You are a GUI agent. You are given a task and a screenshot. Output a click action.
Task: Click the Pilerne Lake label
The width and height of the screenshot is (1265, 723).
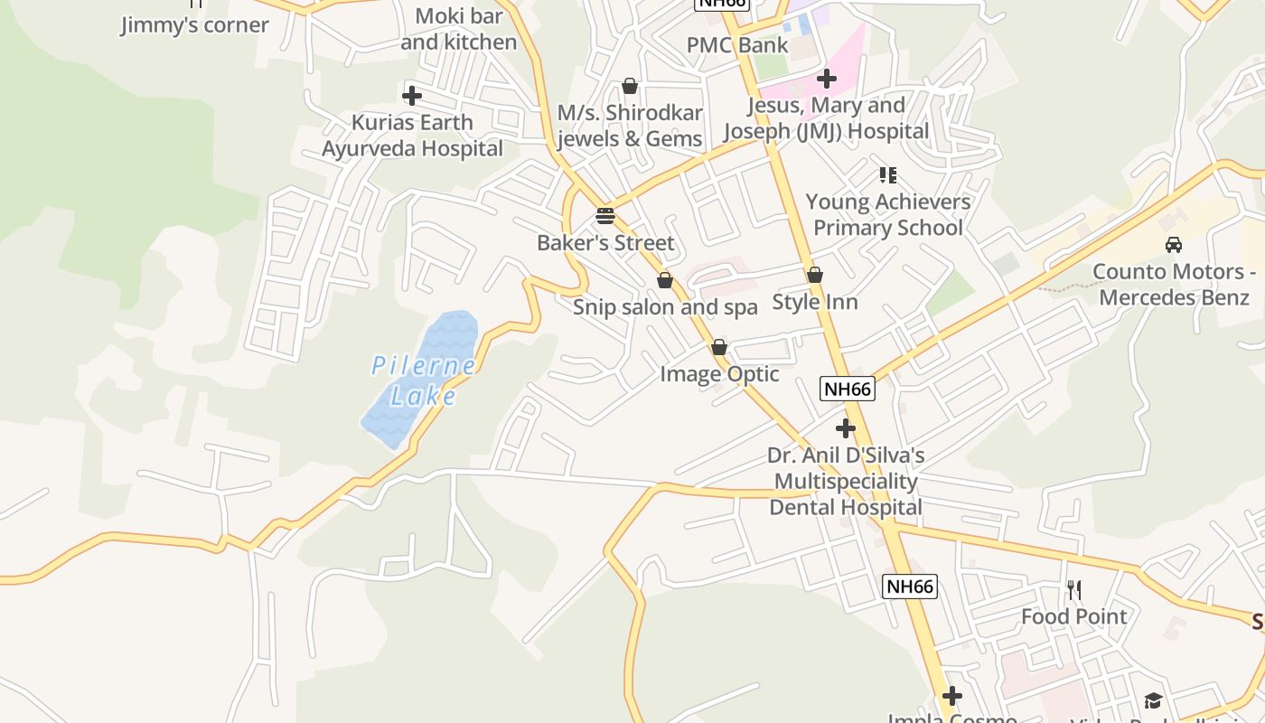tap(423, 380)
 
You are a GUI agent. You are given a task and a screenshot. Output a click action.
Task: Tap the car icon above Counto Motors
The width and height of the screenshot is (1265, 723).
tap(1174, 244)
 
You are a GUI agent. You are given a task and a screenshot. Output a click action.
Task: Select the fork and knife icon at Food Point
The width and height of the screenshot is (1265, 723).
tap(1074, 590)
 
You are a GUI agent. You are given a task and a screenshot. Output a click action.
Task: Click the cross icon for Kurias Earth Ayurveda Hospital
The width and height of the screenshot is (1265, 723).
tap(412, 95)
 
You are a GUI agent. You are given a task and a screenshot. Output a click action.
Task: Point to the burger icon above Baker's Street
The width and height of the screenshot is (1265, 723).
tap(605, 216)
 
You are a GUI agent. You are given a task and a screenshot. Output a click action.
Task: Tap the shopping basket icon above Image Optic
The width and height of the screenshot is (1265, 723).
tap(719, 347)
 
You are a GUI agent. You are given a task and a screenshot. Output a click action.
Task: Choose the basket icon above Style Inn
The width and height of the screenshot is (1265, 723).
tap(815, 275)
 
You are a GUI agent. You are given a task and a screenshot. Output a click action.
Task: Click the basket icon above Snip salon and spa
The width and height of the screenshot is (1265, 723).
tap(665, 280)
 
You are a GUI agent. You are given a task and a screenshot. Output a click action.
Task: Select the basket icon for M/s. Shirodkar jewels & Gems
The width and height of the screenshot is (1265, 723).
tap(630, 86)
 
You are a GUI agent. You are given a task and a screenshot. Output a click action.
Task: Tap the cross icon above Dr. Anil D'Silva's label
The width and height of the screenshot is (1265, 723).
tap(846, 427)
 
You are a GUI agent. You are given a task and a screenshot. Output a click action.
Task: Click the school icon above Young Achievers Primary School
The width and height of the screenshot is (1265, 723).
tap(888, 174)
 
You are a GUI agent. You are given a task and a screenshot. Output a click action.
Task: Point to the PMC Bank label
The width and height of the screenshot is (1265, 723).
tap(737, 45)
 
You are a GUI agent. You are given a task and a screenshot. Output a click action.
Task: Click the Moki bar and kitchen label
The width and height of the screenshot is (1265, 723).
tap(459, 29)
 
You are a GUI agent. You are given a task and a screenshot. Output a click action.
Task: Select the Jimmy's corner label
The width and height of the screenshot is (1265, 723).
tap(195, 24)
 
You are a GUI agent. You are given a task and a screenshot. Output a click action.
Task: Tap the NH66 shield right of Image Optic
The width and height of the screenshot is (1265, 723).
tap(848, 389)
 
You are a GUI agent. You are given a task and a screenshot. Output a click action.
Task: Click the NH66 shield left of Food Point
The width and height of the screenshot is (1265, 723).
tap(909, 586)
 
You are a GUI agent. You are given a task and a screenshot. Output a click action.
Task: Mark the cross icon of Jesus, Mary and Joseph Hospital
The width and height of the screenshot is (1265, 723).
tap(827, 79)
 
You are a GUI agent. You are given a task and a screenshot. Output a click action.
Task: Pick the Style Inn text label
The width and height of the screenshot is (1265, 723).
tap(815, 302)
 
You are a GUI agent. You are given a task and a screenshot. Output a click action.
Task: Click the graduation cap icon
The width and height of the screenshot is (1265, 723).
tap(1153, 700)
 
